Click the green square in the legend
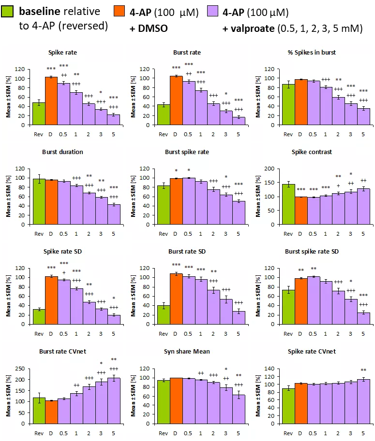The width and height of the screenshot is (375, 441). [x=7, y=11]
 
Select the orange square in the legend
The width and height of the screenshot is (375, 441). [x=119, y=11]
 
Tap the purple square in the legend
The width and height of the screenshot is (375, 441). [x=213, y=11]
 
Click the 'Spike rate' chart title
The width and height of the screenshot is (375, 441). [x=62, y=52]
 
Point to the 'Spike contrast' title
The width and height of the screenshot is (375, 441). [x=312, y=152]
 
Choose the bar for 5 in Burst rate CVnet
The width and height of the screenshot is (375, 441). [x=114, y=400]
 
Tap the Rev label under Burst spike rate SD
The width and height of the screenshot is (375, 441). [x=288, y=333]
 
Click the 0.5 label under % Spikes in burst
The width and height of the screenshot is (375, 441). [x=314, y=134]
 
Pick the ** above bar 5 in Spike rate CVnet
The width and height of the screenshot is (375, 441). [x=363, y=370]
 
